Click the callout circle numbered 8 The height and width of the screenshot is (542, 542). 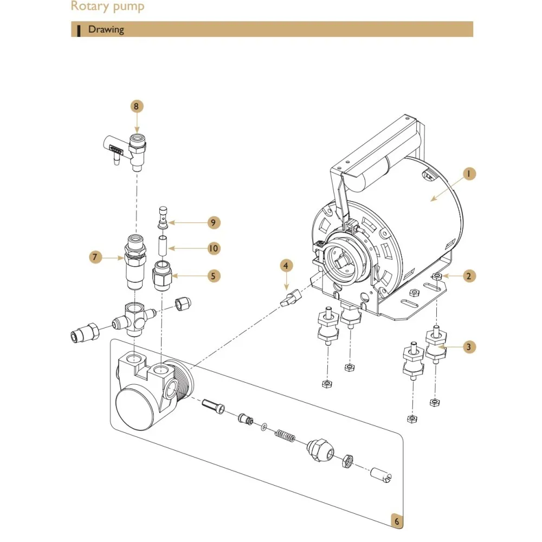pos(137,106)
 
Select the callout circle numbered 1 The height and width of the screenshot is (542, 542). pos(469,173)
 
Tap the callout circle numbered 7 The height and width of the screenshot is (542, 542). pos(96,257)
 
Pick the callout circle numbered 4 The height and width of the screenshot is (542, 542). pos(286,266)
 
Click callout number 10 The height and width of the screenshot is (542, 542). pos(213,248)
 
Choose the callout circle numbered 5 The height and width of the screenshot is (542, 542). pos(213,276)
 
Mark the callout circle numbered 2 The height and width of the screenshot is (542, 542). pos(469,276)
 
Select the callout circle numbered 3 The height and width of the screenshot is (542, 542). pos(469,347)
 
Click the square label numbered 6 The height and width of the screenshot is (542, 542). pos(397,521)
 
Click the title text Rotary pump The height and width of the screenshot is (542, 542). pos(108,7)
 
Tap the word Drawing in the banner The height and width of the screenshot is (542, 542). pos(106,29)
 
